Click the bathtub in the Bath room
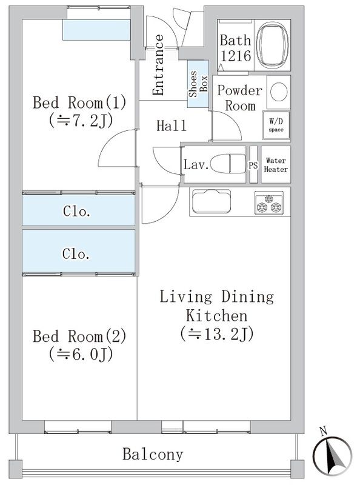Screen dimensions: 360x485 click(x=272, y=45)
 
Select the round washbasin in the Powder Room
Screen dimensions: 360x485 click(x=279, y=92)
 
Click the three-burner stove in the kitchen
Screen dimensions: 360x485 click(x=268, y=202)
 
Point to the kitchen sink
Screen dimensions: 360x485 click(x=212, y=201)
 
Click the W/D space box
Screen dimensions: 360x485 click(x=276, y=125)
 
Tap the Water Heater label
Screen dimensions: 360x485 click(x=276, y=165)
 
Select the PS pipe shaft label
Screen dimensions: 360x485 click(x=253, y=165)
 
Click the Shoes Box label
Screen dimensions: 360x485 click(x=198, y=84)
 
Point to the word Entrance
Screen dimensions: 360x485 click(x=158, y=65)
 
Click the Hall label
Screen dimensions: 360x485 click(x=172, y=125)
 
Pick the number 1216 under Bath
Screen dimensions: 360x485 click(x=236, y=56)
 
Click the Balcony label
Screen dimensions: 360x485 click(x=153, y=454)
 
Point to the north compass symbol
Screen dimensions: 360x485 click(x=332, y=456)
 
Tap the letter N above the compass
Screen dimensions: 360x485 click(x=324, y=431)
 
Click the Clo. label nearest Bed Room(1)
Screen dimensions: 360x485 click(x=76, y=211)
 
